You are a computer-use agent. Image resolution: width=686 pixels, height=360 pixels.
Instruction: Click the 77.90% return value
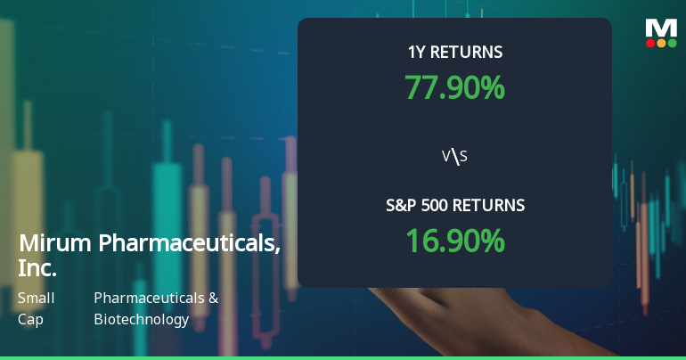pos(454,87)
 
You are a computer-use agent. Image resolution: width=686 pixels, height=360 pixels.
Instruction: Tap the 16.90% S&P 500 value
pos(454,241)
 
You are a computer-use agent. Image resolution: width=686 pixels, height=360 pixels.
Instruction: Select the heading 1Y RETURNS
pos(454,53)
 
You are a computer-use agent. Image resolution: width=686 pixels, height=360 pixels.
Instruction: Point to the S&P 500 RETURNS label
pos(454,206)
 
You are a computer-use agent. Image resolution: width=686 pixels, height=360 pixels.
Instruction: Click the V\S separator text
pos(454,157)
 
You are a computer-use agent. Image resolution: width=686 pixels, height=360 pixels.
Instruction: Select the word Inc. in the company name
pos(37,267)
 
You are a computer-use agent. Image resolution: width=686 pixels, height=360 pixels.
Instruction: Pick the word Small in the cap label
pos(36,298)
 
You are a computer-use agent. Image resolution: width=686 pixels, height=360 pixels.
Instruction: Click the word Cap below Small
pos(29,318)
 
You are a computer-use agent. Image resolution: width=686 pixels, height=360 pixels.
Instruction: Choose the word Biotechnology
pos(141,318)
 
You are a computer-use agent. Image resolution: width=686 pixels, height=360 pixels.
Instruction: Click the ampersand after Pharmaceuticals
pos(213,298)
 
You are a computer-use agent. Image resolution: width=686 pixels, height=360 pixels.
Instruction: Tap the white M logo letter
pos(661,28)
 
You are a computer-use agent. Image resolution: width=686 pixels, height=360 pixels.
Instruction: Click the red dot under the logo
pos(650,42)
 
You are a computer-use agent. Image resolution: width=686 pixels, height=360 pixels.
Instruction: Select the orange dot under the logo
pos(661,42)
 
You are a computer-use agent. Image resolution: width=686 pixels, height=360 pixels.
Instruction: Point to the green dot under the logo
pos(672,42)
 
